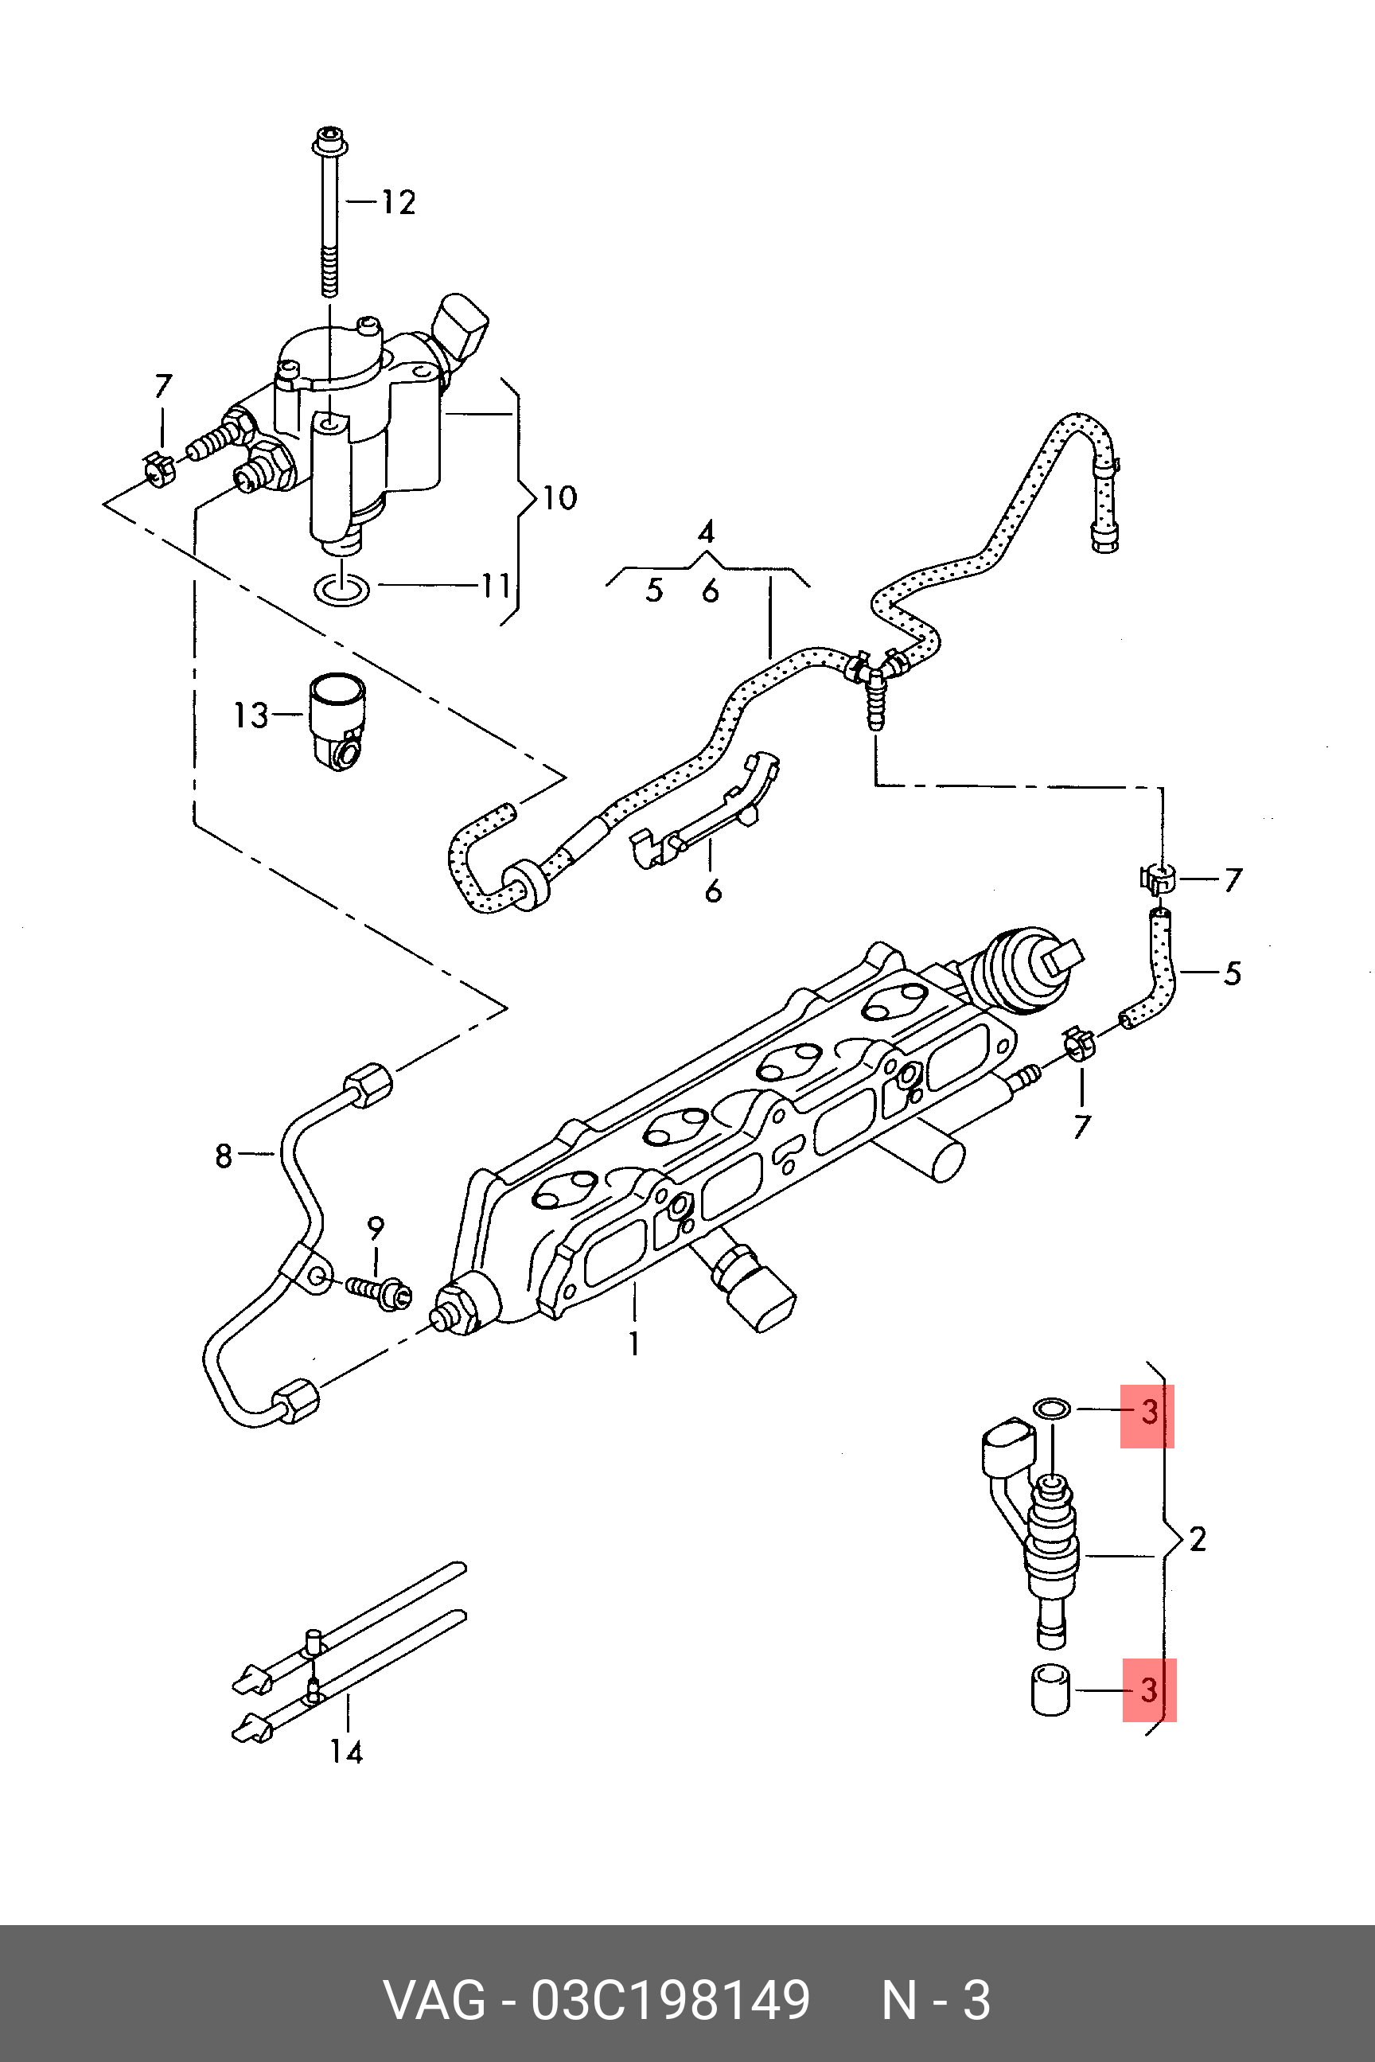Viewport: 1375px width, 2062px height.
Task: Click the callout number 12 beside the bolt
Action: (398, 203)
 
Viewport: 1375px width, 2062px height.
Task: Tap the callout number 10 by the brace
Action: (559, 498)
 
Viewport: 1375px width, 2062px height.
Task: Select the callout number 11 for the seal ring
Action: (496, 585)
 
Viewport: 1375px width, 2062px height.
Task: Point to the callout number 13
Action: (251, 715)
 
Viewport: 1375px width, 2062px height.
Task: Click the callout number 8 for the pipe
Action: (224, 1156)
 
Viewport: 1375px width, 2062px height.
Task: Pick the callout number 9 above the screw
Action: (376, 1229)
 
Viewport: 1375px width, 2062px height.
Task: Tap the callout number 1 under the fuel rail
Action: (634, 1343)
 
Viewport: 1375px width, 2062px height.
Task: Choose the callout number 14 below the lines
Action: (345, 1752)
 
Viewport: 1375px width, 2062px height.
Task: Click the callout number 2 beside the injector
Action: (1197, 1538)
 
